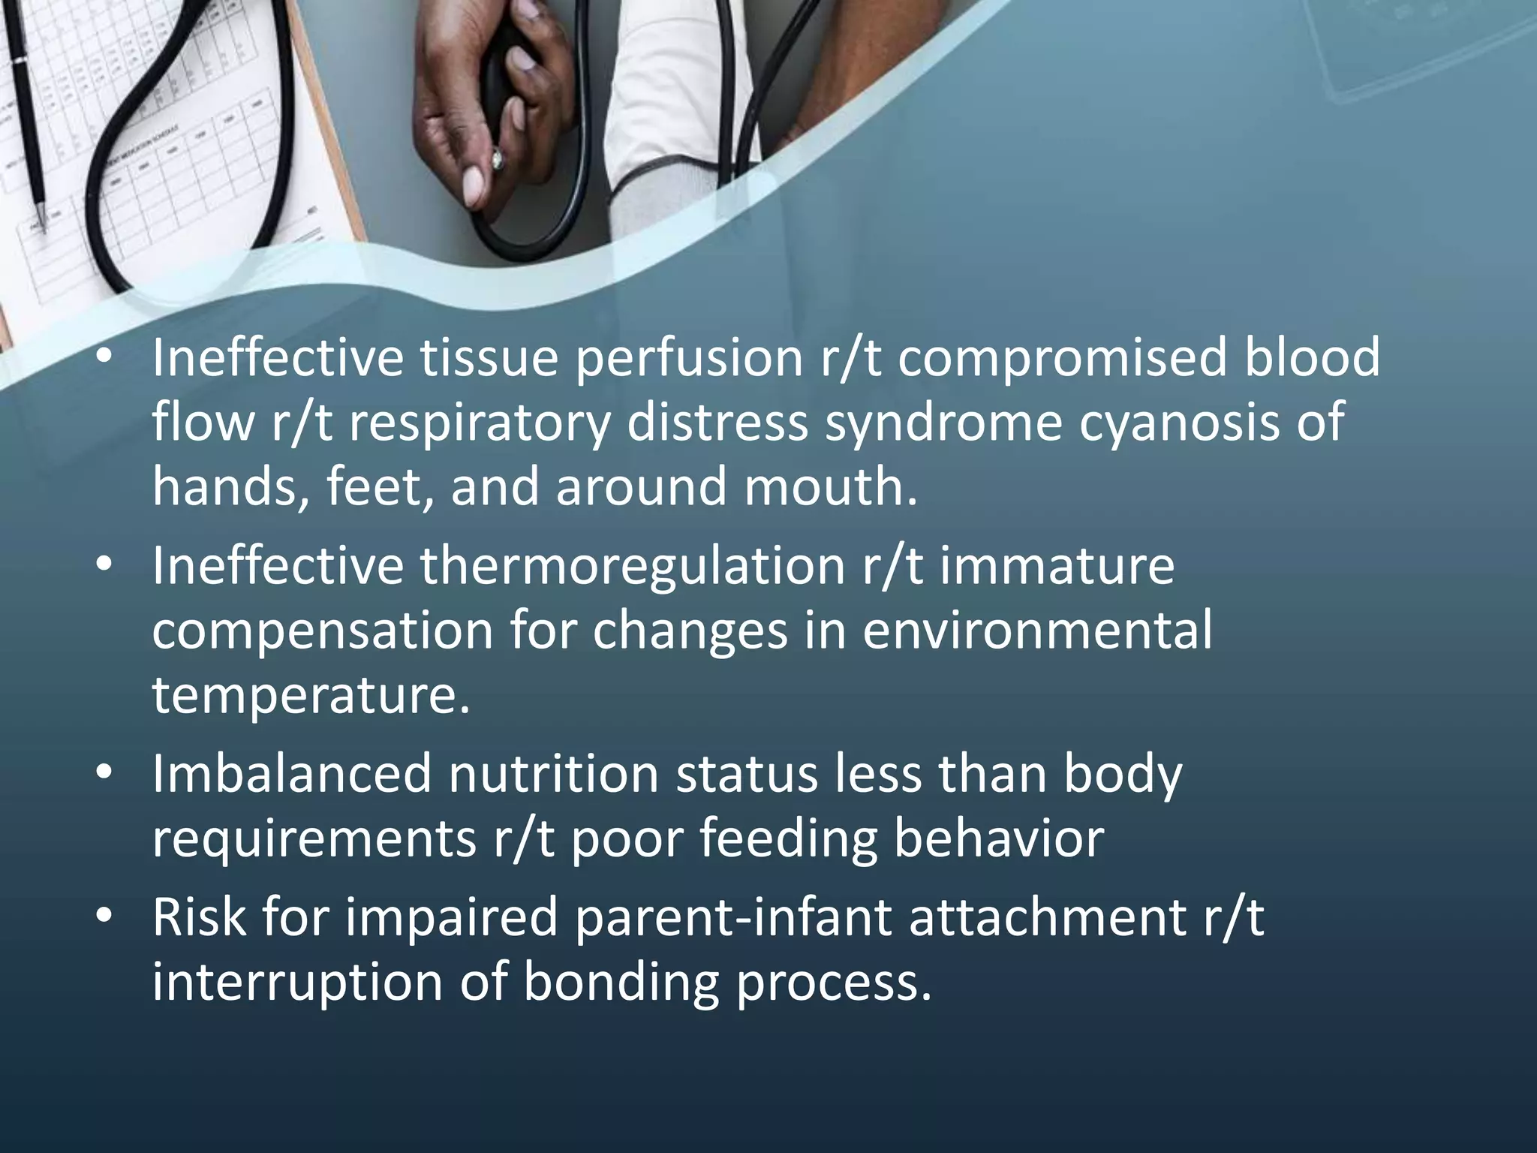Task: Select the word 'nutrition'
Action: [553, 774]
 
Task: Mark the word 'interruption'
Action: [297, 982]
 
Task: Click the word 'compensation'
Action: [322, 630]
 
